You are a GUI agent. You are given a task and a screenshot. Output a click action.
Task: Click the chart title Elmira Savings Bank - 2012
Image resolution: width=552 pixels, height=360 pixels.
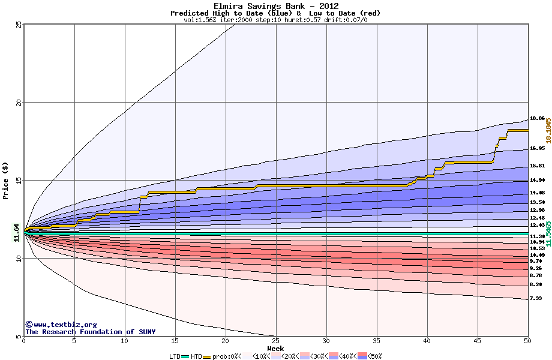click(x=275, y=6)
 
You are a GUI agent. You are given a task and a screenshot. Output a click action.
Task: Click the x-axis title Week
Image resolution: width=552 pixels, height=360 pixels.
click(x=275, y=349)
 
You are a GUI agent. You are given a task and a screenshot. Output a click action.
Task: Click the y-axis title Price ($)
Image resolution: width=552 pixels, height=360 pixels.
click(x=6, y=181)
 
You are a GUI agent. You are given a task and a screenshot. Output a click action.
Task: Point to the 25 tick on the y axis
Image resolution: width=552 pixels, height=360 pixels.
click(x=19, y=25)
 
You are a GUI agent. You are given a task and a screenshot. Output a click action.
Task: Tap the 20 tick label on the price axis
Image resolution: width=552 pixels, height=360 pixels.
click(x=19, y=103)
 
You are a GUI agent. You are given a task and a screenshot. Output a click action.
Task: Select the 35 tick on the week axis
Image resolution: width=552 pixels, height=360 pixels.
click(x=376, y=341)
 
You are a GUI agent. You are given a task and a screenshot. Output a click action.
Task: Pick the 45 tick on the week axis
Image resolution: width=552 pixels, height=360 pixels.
click(x=477, y=341)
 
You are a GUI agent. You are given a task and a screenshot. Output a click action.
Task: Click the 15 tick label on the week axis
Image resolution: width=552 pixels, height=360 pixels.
click(x=175, y=341)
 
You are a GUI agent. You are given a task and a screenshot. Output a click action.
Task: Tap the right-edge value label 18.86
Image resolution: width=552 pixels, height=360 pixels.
click(x=537, y=119)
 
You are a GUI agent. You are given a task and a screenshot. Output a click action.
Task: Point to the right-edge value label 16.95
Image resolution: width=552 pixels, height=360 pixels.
click(x=537, y=148)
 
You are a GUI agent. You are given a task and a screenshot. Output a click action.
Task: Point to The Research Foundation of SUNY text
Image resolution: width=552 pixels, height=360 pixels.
click(x=90, y=332)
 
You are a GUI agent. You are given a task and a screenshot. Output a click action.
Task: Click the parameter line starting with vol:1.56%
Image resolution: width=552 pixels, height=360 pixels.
click(x=275, y=20)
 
